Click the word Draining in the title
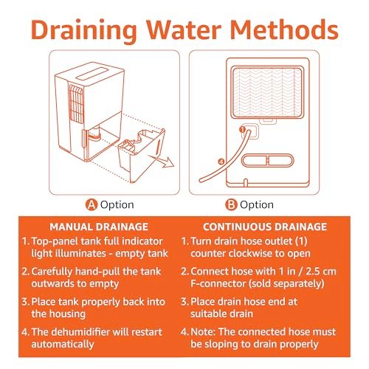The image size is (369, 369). point(83,30)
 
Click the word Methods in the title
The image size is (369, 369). point(284,30)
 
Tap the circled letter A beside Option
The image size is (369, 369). point(92,204)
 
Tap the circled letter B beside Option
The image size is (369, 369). point(231,204)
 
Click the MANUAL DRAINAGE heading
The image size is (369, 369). point(99,227)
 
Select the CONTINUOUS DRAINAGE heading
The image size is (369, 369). point(265,227)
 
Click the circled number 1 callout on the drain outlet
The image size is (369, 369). point(242,129)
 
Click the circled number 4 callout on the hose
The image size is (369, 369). point(221,162)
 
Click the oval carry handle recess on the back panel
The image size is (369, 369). point(268,161)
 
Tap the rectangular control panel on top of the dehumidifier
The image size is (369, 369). point(92,74)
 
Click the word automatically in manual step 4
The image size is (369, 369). point(63,345)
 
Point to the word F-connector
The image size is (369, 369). point(218,283)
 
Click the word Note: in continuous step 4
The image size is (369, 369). point(203,332)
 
